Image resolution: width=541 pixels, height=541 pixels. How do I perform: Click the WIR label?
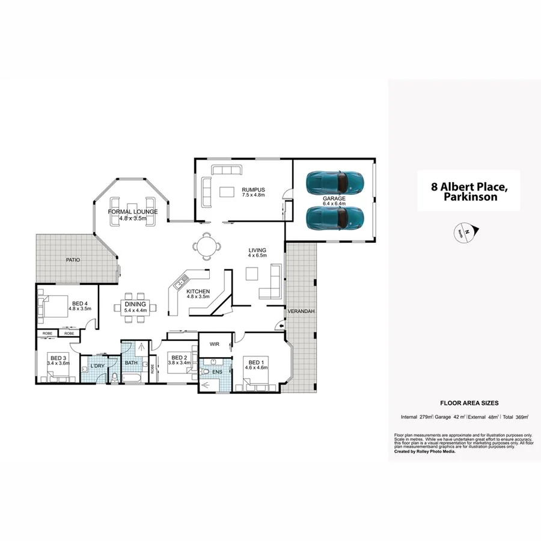coord(214,344)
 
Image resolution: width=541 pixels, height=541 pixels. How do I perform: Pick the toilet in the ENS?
coord(206,373)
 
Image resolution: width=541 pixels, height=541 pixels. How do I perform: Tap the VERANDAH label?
coord(299,311)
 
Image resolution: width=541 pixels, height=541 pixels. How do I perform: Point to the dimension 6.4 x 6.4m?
coord(334,204)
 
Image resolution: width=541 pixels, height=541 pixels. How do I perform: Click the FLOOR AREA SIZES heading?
coord(469,403)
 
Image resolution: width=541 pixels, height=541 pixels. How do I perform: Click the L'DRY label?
coord(97,365)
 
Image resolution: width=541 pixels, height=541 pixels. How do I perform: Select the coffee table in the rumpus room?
coord(227,193)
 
